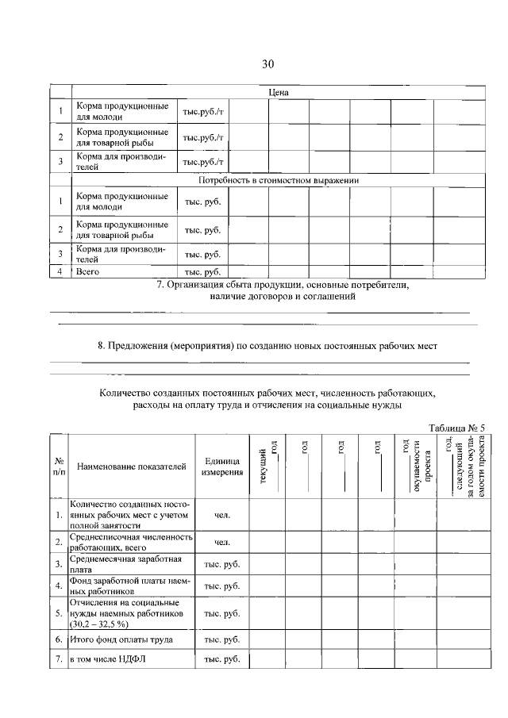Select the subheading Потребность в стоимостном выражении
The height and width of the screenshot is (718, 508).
[x=278, y=180]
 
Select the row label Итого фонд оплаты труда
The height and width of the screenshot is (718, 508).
[x=118, y=639]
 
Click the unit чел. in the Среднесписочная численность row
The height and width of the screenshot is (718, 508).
[x=221, y=542]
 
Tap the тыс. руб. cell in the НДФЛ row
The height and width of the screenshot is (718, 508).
[x=221, y=660]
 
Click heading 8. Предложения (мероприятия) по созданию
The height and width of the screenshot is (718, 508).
[x=267, y=346]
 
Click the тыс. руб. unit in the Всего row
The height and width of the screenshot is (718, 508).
[x=202, y=271]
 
